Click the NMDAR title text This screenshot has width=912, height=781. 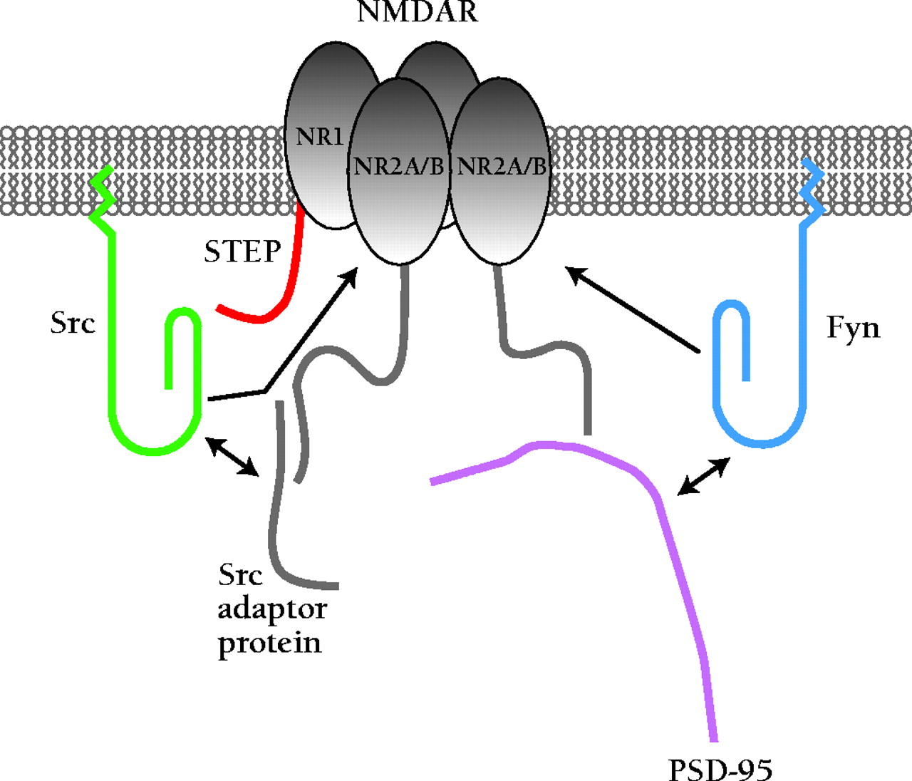(x=418, y=12)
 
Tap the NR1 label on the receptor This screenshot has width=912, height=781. (x=320, y=136)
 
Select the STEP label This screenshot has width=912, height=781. (x=243, y=252)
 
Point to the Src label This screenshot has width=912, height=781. (x=73, y=323)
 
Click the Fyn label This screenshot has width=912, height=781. (x=853, y=328)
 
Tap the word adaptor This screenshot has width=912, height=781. (x=272, y=609)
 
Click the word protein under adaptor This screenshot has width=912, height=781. (x=269, y=643)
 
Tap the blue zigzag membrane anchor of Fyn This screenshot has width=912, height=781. (x=812, y=190)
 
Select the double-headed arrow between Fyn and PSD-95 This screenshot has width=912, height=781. (x=703, y=477)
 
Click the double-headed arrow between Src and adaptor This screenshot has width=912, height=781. (x=232, y=457)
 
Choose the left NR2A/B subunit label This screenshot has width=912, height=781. (x=399, y=167)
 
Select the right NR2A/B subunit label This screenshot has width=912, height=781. (x=502, y=167)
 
